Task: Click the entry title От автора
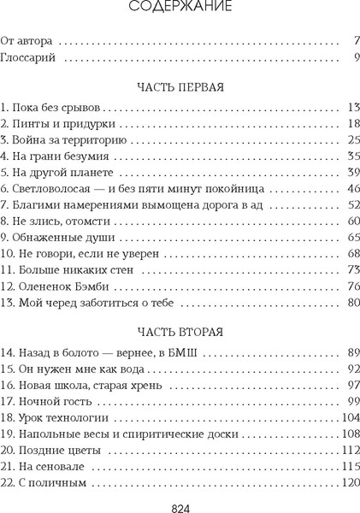coord(28,40)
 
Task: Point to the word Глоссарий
coord(32,60)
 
